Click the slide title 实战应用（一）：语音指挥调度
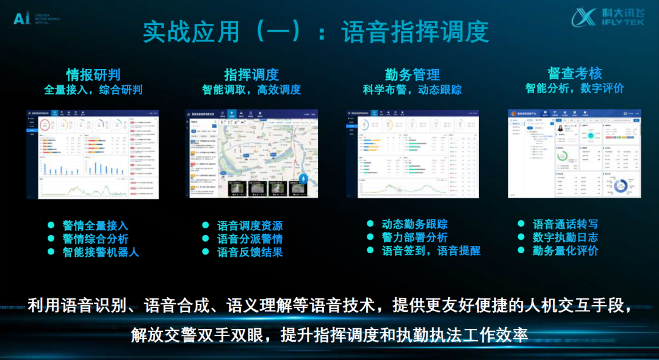pyautogui.click(x=316, y=32)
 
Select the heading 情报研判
pyautogui.click(x=93, y=74)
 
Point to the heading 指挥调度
pyautogui.click(x=251, y=74)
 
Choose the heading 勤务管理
pyautogui.click(x=412, y=74)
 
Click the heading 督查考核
pyautogui.click(x=575, y=74)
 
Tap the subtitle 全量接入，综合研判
pyautogui.click(x=93, y=90)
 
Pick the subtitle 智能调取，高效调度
pyautogui.click(x=251, y=90)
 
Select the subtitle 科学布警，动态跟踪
pyautogui.click(x=412, y=90)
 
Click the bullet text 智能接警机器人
pyautogui.click(x=101, y=252)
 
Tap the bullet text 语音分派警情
pyautogui.click(x=250, y=239)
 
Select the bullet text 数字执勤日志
pyautogui.click(x=566, y=237)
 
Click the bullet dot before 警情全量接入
pyautogui.click(x=52, y=225)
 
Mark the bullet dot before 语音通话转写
pyautogui.click(x=521, y=224)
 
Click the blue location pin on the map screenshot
pyautogui.click(x=303, y=180)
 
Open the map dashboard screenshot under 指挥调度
pyautogui.click(x=251, y=154)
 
